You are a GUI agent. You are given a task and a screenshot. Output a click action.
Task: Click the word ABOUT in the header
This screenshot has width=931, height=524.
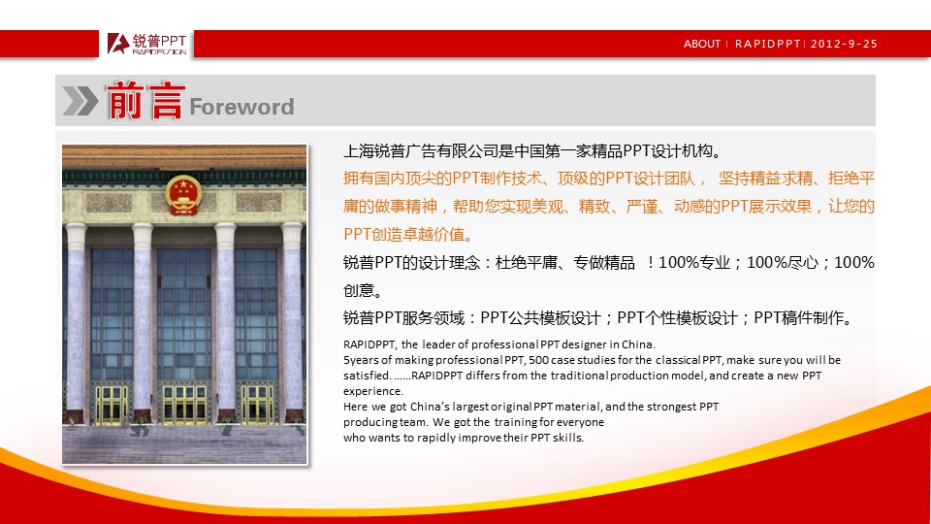pos(702,44)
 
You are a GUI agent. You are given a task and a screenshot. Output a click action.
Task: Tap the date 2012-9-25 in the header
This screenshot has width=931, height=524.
pos(844,44)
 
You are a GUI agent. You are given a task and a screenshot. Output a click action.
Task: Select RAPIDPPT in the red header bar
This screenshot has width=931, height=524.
pos(768,44)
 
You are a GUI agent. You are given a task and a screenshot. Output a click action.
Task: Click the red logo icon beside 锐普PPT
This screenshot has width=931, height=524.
pos(118,44)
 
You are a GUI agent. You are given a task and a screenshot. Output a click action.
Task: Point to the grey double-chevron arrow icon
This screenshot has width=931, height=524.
pos(80,100)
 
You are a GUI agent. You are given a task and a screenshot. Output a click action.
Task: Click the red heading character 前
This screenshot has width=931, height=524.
pos(125,100)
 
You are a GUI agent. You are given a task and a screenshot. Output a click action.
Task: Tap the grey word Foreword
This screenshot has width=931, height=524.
pos(241,107)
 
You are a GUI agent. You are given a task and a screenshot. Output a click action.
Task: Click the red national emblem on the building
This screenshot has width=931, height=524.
pos(183,195)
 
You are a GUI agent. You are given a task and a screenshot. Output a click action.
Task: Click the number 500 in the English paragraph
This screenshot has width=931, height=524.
pos(538,360)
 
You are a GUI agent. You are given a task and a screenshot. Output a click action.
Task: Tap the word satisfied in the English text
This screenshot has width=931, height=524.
pos(367,376)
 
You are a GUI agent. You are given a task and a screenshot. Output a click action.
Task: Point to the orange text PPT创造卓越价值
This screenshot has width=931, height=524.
pos(408,234)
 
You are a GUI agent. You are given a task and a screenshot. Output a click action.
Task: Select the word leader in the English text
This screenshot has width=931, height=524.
pos(438,344)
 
